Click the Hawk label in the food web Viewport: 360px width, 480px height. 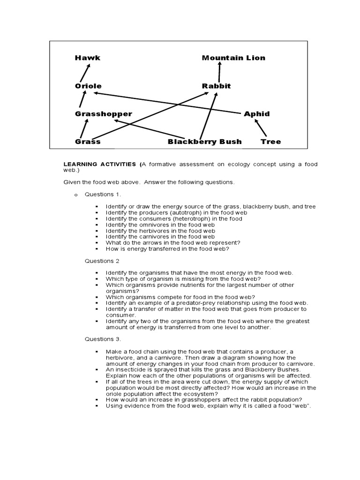[88, 58]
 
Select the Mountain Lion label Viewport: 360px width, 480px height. [233, 58]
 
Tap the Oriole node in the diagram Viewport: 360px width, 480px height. [88, 86]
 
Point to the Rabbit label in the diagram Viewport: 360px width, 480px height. [216, 86]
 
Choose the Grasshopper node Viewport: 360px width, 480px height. [104, 114]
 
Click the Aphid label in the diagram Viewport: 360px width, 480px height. [257, 114]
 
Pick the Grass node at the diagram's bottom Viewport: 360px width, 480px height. [88, 142]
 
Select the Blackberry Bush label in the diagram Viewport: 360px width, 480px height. [205, 142]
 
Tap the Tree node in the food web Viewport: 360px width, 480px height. [270, 142]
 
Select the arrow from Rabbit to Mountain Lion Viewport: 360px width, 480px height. [219, 73]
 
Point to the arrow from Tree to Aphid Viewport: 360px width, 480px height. [261, 127]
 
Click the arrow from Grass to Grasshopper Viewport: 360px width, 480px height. [84, 127]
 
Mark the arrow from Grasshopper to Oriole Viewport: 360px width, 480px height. [83, 99]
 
